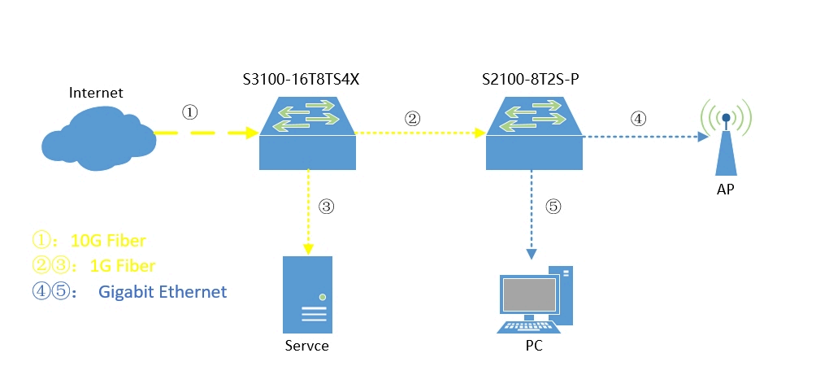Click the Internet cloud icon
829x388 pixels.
(98, 138)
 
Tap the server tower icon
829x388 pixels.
(307, 294)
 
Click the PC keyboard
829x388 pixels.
(528, 327)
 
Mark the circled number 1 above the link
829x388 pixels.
(190, 112)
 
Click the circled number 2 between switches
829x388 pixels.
(412, 118)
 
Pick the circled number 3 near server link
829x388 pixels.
(327, 207)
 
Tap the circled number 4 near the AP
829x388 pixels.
(638, 118)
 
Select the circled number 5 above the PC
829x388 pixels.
(553, 207)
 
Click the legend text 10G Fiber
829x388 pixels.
(109, 241)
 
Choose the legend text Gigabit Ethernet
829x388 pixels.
(163, 291)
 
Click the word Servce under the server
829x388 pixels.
(307, 346)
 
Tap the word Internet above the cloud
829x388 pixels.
(96, 93)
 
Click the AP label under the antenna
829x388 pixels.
(726, 190)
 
